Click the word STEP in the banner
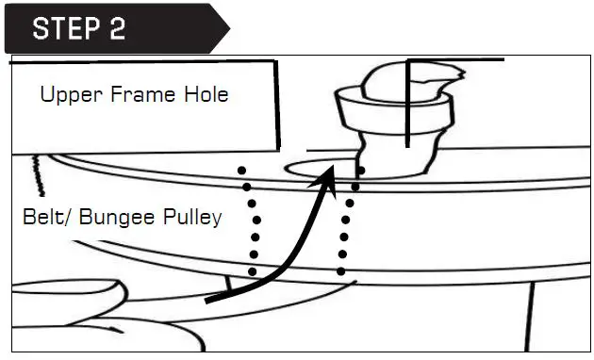click(x=65, y=28)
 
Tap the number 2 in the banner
click(x=116, y=28)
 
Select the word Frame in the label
click(x=140, y=95)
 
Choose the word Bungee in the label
click(x=116, y=218)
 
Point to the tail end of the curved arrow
click(x=209, y=300)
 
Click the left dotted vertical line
click(x=249, y=222)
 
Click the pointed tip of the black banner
click(x=227, y=28)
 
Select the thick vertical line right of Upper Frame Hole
click(x=279, y=104)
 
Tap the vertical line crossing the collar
click(x=408, y=104)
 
